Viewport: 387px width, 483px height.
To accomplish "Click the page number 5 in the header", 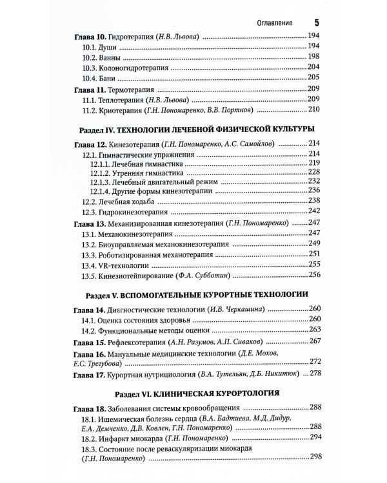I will pyautogui.click(x=316, y=23).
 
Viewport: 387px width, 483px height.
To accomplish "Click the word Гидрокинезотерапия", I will pyautogui.click(x=130, y=211).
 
